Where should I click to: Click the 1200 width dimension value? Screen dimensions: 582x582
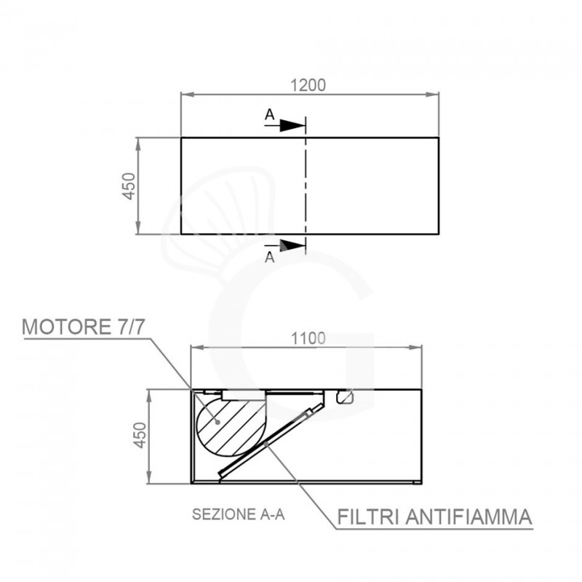pyautogui.click(x=309, y=84)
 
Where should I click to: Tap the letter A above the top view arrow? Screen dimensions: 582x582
pyautogui.click(x=269, y=114)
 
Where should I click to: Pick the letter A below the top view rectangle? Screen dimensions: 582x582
pyautogui.click(x=269, y=257)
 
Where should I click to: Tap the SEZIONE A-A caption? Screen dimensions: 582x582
pyautogui.click(x=237, y=514)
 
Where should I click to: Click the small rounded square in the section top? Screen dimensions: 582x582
pyautogui.click(x=344, y=397)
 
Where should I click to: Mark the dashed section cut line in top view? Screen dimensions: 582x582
pyautogui.click(x=306, y=186)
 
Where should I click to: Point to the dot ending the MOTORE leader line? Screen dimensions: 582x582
pyautogui.click(x=218, y=420)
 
